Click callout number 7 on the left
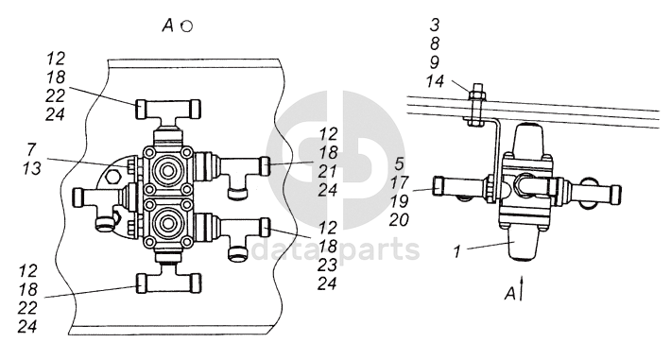(31, 150)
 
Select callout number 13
(32, 168)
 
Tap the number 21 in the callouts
(328, 171)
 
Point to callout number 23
(327, 265)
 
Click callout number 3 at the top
(435, 25)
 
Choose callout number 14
(435, 81)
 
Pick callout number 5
(399, 163)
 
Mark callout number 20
(399, 220)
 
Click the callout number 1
(457, 251)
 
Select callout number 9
(435, 62)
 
